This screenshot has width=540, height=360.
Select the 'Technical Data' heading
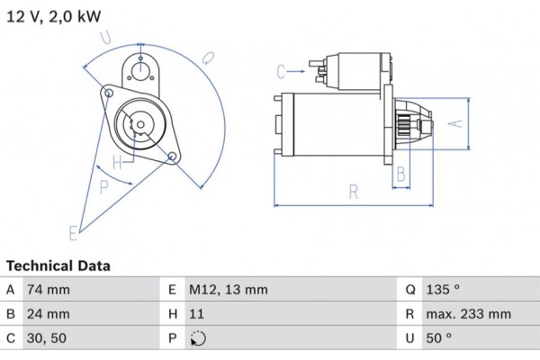(58, 266)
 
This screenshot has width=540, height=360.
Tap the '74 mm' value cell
(50, 290)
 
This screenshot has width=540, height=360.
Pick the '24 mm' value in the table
(50, 314)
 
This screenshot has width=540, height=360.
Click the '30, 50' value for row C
(49, 338)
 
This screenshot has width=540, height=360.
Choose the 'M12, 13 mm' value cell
(228, 290)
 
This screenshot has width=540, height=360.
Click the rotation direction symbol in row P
(198, 339)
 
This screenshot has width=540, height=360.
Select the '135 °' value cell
(445, 290)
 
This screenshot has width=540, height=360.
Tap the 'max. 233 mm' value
(470, 314)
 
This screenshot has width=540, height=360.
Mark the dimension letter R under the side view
(354, 191)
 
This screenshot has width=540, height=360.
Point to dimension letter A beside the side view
(455, 123)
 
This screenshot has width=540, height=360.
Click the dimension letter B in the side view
(401, 173)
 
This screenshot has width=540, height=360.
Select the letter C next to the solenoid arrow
(282, 70)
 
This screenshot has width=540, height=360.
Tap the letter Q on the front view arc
(207, 57)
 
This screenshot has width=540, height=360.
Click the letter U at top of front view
(106, 36)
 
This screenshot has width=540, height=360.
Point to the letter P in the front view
(104, 187)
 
